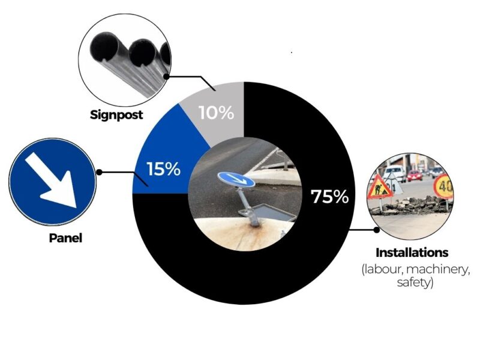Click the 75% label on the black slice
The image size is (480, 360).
click(x=329, y=197)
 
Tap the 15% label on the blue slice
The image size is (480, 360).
click(x=163, y=169)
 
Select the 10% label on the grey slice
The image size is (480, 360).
click(x=217, y=113)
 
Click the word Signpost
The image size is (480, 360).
click(x=116, y=115)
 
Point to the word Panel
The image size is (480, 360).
click(x=65, y=238)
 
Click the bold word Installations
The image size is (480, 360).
click(x=412, y=253)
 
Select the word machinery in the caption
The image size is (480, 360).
click(x=438, y=269)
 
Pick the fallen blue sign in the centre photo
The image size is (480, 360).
click(x=236, y=179)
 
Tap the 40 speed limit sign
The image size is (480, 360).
click(x=443, y=186)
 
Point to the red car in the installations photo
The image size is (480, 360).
click(x=415, y=175)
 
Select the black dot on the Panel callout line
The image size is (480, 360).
click(x=99, y=172)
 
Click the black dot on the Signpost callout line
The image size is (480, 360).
click(x=166, y=77)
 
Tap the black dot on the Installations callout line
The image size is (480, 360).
click(x=377, y=229)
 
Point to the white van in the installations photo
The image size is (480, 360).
click(x=394, y=173)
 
